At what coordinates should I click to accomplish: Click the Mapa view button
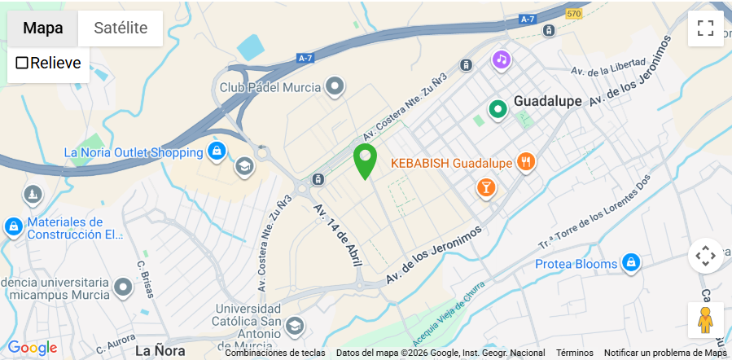(x=42, y=28)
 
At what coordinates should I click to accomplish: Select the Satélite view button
(x=121, y=28)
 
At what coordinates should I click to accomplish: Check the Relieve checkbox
(x=23, y=63)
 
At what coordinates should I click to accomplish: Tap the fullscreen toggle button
(x=705, y=29)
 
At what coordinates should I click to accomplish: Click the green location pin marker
(x=364, y=159)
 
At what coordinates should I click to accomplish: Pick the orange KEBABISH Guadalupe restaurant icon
(x=526, y=162)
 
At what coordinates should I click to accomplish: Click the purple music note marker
(x=501, y=59)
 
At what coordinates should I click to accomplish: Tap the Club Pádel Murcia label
(x=270, y=86)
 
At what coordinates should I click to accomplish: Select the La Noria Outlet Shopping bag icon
(x=216, y=151)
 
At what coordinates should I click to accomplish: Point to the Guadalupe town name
(x=547, y=102)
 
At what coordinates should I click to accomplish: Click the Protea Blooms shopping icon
(x=630, y=262)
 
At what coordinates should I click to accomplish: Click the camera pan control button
(x=705, y=256)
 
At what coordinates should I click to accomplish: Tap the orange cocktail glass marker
(x=486, y=188)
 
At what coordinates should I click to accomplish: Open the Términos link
(x=575, y=353)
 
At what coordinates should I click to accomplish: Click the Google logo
(x=33, y=348)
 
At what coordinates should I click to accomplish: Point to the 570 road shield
(x=575, y=14)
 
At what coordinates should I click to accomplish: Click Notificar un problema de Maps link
(x=664, y=353)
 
